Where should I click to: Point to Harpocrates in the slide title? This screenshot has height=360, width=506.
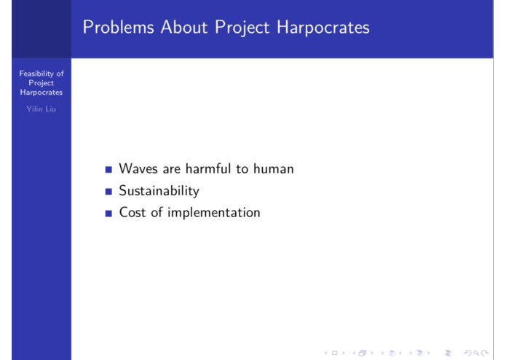point(325,28)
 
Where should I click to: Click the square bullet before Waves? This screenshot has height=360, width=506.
point(108,170)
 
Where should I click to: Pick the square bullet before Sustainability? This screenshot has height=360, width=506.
point(108,192)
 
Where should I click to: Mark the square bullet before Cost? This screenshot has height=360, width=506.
point(108,214)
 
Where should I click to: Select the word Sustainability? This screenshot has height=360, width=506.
point(159,191)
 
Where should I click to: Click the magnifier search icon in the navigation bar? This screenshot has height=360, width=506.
point(482,353)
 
